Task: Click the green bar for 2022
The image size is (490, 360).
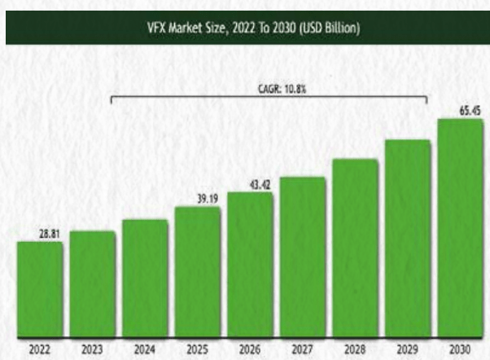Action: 39,288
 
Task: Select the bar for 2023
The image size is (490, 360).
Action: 92,283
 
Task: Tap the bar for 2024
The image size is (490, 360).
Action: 145,278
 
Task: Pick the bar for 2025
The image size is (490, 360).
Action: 198,271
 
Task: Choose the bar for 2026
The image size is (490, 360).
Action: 250,264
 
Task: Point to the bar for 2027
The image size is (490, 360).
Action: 303,256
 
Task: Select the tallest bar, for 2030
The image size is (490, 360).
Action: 461,227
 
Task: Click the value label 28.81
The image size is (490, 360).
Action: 50,234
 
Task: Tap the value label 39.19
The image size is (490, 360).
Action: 207,198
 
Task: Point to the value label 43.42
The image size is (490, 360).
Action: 260,185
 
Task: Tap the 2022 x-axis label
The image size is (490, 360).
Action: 39,349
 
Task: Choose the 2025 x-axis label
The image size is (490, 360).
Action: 198,349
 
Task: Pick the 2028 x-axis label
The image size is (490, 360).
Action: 355,349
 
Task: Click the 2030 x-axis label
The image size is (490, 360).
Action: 461,349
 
